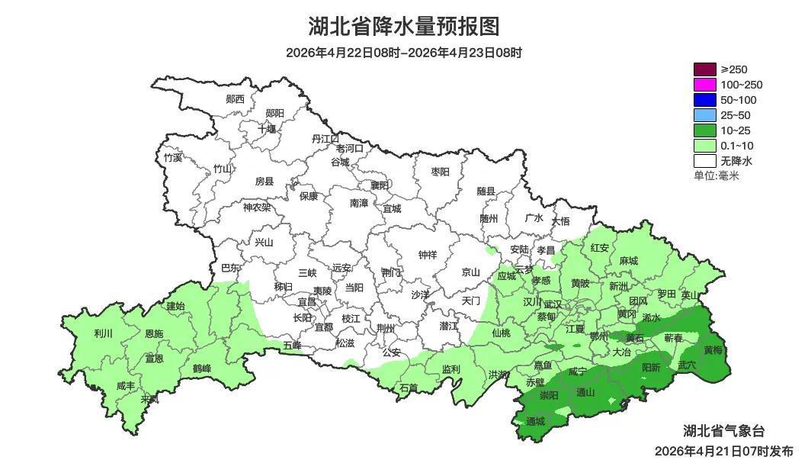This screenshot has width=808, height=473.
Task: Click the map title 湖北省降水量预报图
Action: pos(403,27)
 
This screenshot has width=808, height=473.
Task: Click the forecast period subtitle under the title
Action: pos(403,53)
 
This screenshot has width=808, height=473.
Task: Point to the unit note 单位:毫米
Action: pos(716,175)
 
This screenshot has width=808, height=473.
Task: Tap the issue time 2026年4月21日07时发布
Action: pos(723,451)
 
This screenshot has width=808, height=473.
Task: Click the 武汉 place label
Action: pos(553,304)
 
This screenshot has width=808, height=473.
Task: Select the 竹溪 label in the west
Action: pos(173,158)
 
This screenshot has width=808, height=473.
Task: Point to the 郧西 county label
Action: pos(236,99)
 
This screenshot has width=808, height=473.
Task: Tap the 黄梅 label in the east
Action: pos(713,350)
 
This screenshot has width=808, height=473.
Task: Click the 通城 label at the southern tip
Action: pos(536,421)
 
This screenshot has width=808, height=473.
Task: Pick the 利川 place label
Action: pos(103,333)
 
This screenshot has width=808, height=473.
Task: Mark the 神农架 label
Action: pos(256,207)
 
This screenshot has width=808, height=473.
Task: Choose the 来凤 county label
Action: pos(150,399)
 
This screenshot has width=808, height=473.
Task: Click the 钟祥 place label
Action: pos(428,255)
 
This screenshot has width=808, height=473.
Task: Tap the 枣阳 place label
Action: pos(441,172)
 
